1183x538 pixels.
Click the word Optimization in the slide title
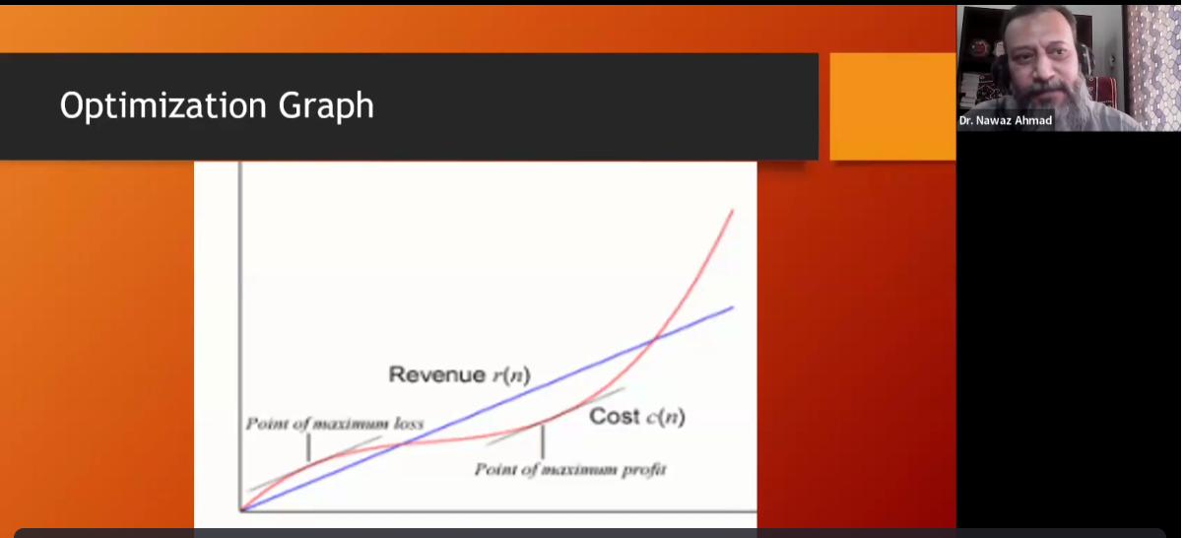pyautogui.click(x=164, y=105)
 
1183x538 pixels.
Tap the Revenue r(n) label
pyautogui.click(x=459, y=374)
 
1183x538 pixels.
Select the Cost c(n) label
pyautogui.click(x=637, y=417)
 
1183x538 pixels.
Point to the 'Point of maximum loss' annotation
pyautogui.click(x=335, y=424)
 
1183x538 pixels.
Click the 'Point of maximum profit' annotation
pyautogui.click(x=570, y=469)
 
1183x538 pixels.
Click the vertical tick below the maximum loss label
pyautogui.click(x=308, y=447)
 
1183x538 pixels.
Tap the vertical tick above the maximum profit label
pyautogui.click(x=543, y=441)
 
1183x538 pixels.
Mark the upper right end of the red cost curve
pyautogui.click(x=733, y=210)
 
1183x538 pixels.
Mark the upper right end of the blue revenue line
pyautogui.click(x=733, y=307)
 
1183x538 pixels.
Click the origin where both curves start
pyautogui.click(x=242, y=509)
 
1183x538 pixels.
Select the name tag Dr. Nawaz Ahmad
pyautogui.click(x=1006, y=120)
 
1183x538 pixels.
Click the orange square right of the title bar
pyautogui.click(x=893, y=106)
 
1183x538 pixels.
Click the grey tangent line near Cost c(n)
pyautogui.click(x=556, y=417)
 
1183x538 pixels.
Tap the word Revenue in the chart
pyautogui.click(x=436, y=374)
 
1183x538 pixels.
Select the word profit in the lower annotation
pyautogui.click(x=644, y=469)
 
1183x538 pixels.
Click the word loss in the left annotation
pyautogui.click(x=408, y=424)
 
